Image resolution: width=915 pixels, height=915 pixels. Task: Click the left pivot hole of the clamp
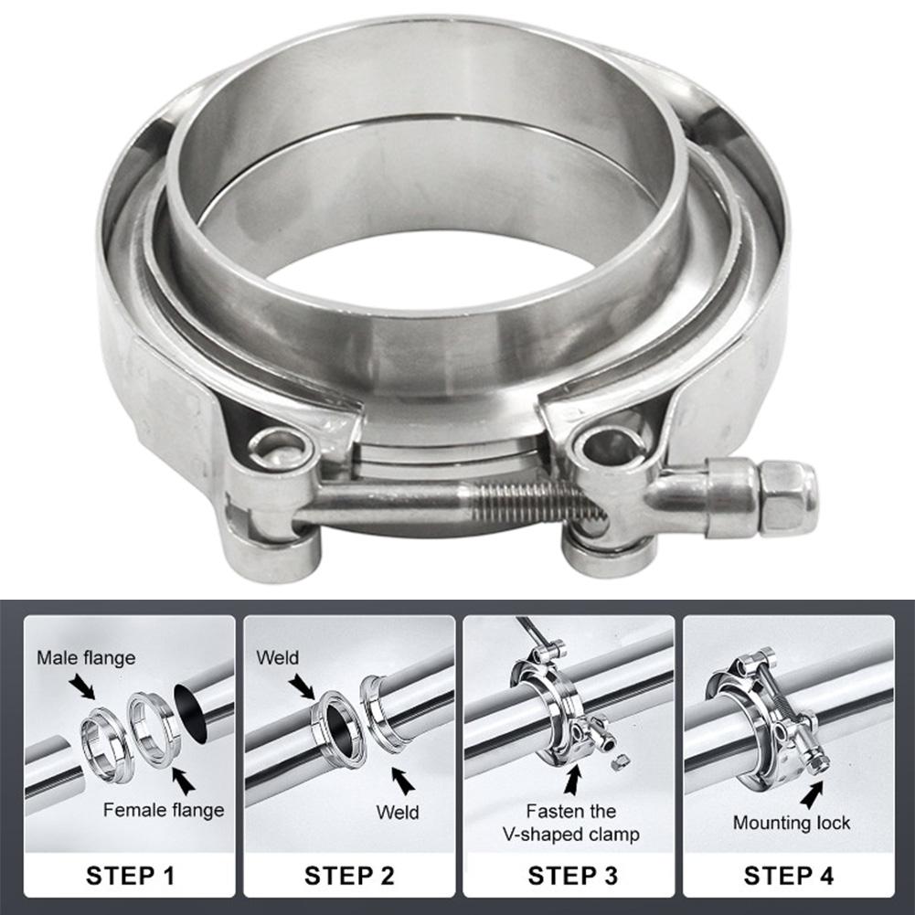[x=279, y=448]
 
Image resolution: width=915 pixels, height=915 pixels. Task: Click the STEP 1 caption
[x=132, y=876]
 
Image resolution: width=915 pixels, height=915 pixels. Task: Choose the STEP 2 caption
[x=349, y=876]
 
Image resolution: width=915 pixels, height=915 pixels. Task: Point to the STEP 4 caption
[x=789, y=876]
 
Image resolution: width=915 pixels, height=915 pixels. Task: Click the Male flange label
[x=86, y=657]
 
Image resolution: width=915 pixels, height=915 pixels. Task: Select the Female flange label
[x=164, y=809]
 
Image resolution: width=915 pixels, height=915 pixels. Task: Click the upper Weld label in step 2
[x=278, y=657]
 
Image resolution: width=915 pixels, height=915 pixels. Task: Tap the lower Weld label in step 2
[x=398, y=812]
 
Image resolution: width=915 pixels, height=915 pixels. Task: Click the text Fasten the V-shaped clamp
[x=569, y=822]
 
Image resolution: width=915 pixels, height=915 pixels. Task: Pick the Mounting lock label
[x=792, y=823]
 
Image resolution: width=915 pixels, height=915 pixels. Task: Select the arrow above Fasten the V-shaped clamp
[x=572, y=780]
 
